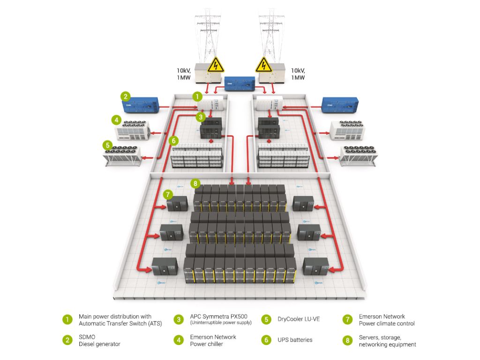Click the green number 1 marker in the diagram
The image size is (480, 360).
(x=198, y=97)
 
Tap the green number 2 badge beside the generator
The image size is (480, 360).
(x=125, y=97)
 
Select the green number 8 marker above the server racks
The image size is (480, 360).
(x=195, y=183)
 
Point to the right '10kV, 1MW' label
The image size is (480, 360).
(x=298, y=74)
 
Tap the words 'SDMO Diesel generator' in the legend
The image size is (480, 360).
(x=99, y=340)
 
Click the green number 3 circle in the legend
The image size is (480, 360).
(x=179, y=319)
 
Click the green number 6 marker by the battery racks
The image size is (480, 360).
(x=173, y=140)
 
